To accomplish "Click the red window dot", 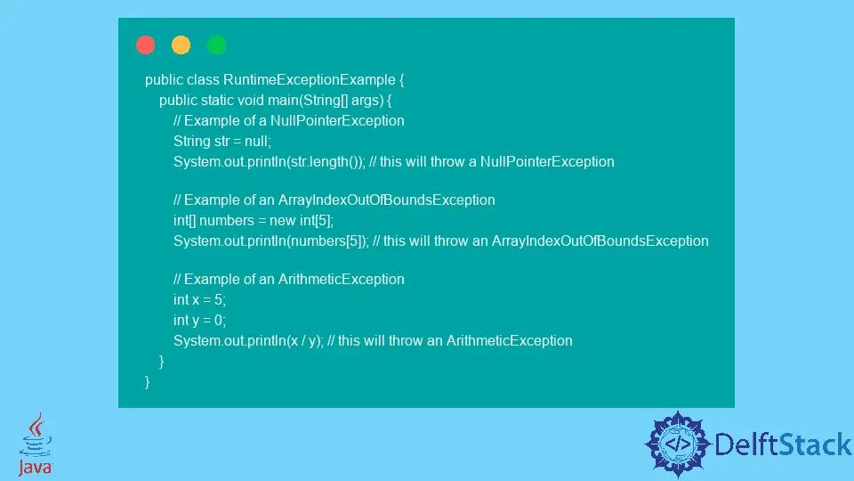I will [x=146, y=45].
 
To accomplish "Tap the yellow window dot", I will [x=181, y=45].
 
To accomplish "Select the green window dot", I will [x=216, y=45].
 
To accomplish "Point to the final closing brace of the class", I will [x=148, y=381].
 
